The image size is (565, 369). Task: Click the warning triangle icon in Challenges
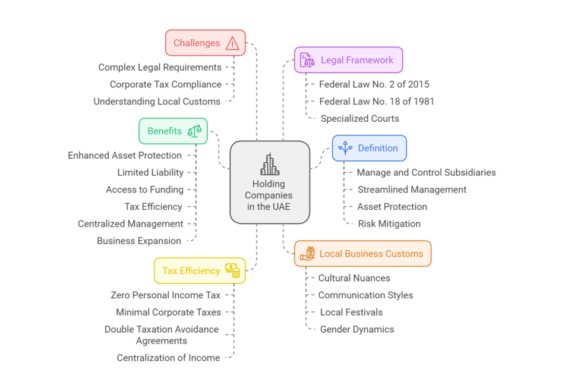pos(232,43)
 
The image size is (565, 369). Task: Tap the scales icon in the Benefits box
pos(195,131)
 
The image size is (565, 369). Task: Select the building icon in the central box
pos(270,165)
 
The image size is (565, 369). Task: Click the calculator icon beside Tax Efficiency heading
pos(232,270)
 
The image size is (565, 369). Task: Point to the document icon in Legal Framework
pos(307,60)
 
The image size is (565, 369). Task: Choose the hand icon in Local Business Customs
pos(307,254)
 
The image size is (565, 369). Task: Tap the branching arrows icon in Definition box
pos(345,148)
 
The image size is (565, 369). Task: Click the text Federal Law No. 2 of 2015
pos(374,84)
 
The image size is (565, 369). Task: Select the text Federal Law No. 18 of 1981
pos(377,102)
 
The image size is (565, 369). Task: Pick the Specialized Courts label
pos(360,118)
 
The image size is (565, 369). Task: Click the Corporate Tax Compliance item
pos(166,84)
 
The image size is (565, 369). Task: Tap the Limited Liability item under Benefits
pos(150,172)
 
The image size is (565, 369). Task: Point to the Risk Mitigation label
pos(389,224)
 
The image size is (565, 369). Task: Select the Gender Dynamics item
pos(357,329)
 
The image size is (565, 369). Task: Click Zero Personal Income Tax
pos(166,295)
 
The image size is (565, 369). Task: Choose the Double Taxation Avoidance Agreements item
pos(162,335)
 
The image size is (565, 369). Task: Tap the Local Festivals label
pos(351,312)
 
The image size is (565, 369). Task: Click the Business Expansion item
pos(139,241)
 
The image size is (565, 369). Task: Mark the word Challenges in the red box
pos(197,43)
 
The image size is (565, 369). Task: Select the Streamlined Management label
pos(412,190)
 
